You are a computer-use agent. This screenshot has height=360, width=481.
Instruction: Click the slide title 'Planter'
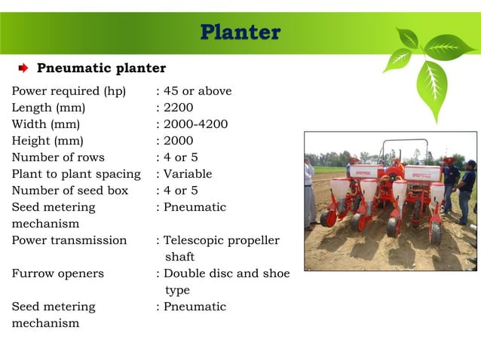240,33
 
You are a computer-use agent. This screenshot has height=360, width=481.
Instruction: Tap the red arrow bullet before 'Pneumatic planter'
23,69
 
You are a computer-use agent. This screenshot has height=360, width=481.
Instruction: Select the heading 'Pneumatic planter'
102,69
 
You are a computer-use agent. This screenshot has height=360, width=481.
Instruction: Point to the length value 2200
179,108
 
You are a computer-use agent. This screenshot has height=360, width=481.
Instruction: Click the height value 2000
179,141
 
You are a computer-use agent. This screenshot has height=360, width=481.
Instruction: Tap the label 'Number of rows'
58,157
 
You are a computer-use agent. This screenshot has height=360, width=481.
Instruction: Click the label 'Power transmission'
69,240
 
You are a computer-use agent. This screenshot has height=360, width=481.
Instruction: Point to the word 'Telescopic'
195,240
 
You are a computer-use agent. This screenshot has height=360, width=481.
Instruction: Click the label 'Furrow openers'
58,273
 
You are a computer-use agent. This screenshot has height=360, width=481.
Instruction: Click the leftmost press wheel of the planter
328,218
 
